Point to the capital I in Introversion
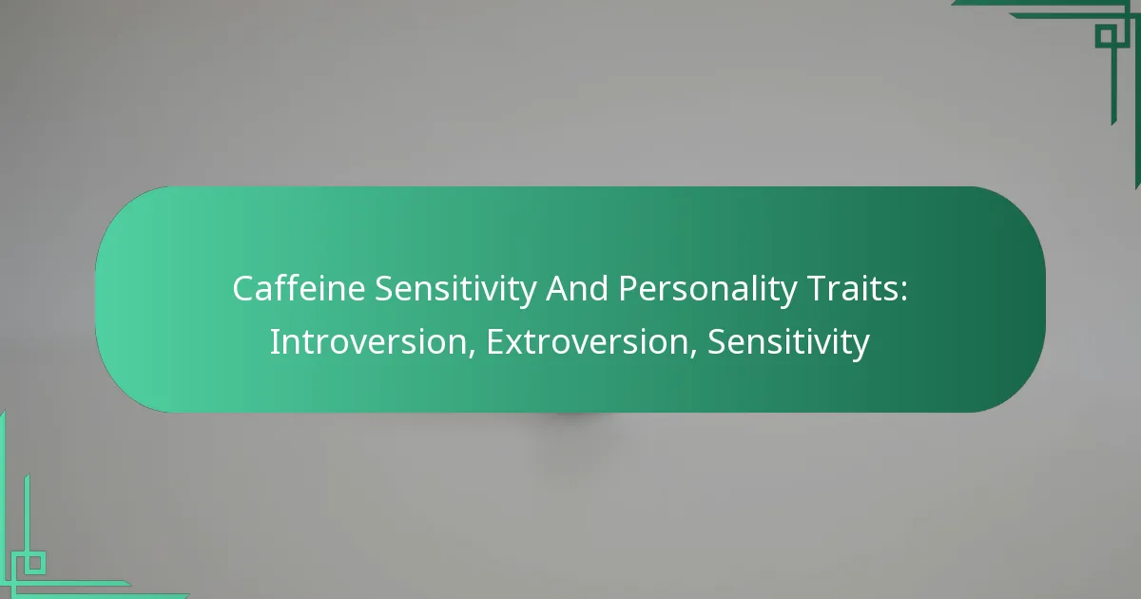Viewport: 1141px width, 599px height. [x=274, y=342]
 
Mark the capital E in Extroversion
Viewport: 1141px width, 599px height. [x=494, y=342]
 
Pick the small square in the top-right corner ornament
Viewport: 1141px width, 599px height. [x=1105, y=36]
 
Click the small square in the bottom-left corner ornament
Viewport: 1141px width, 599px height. [x=34, y=562]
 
